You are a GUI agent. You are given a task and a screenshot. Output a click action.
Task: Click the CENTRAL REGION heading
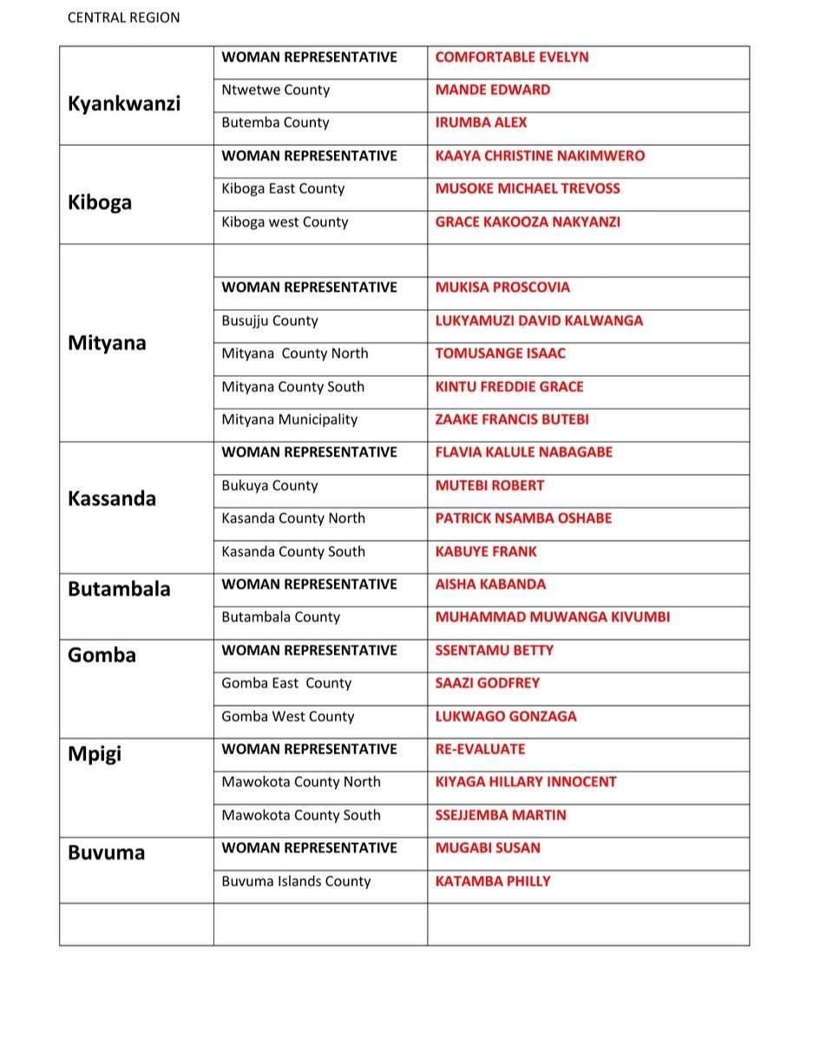(124, 17)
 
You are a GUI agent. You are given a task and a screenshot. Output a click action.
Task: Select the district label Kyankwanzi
(124, 103)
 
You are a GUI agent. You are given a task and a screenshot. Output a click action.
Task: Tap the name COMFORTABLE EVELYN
(511, 57)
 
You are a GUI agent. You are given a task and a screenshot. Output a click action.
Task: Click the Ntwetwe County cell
(275, 90)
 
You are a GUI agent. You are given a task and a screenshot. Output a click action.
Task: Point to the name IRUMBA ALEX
(481, 122)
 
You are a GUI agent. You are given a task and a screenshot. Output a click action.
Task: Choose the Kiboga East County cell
(283, 188)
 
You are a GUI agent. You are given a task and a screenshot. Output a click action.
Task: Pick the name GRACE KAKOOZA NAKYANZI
(528, 221)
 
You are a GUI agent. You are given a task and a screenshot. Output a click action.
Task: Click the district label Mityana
(107, 343)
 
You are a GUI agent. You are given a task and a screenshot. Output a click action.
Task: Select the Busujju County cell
(270, 320)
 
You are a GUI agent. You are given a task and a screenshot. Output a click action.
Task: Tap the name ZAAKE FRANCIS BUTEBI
(512, 419)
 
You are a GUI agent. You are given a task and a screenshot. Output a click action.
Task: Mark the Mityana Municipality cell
(289, 419)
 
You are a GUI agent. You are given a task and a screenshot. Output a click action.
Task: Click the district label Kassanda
(112, 498)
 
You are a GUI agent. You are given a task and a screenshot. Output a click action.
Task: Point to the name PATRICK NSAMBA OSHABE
(523, 518)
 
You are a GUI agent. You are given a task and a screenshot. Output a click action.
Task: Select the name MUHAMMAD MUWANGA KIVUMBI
(552, 617)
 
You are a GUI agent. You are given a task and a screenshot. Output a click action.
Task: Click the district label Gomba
(102, 655)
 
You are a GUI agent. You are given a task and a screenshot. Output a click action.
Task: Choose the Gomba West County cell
(288, 716)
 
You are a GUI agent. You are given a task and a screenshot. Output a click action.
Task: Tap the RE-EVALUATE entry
(480, 749)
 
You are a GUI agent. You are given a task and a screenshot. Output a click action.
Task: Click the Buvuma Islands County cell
(296, 881)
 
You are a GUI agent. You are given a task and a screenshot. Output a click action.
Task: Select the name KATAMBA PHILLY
(493, 881)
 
